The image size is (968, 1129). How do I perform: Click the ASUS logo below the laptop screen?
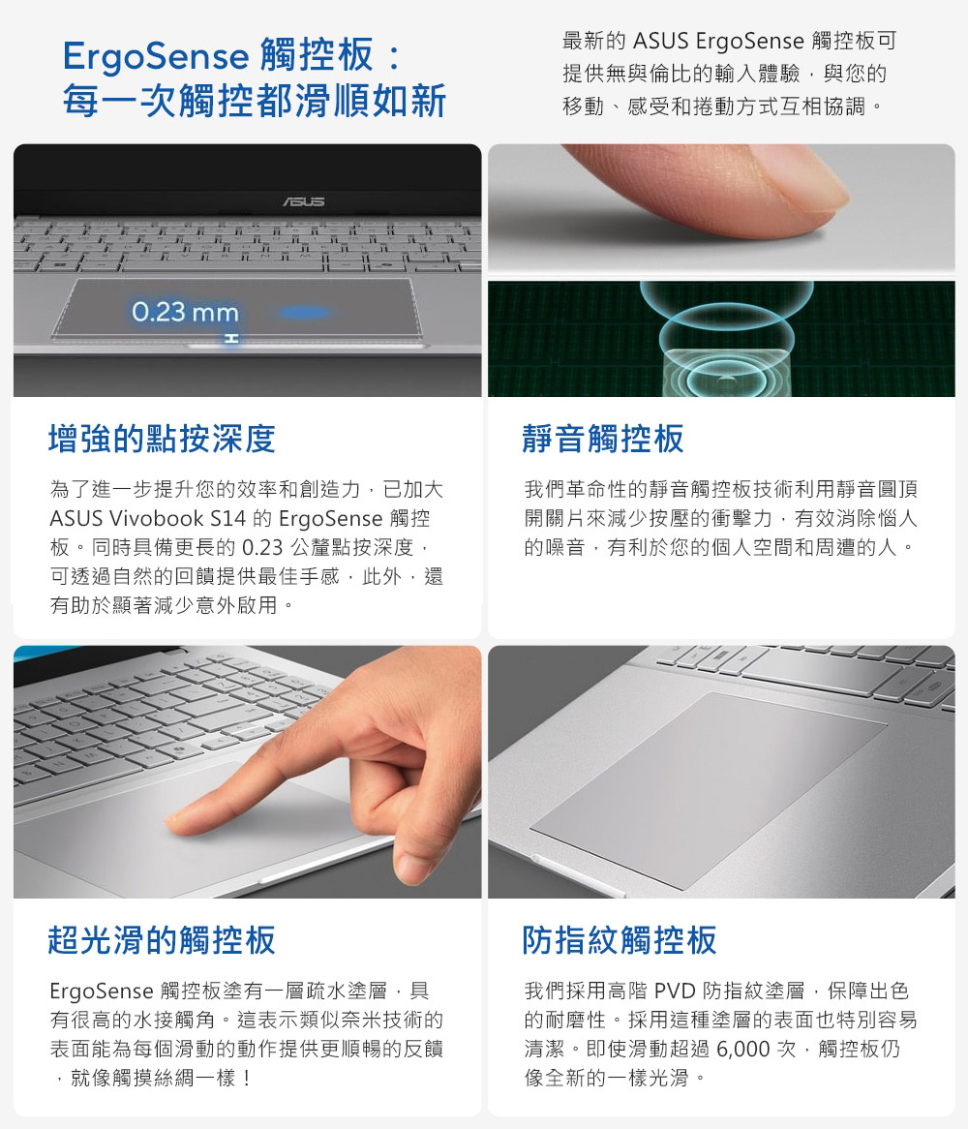click(304, 201)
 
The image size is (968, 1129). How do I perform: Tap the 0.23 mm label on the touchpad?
click(185, 312)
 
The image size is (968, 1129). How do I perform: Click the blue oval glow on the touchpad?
click(304, 313)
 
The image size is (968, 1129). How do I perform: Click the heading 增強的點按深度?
click(162, 439)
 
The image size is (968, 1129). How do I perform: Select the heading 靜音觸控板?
click(603, 439)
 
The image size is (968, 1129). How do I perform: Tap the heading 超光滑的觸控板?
click(162, 939)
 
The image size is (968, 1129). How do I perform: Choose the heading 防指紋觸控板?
click(620, 939)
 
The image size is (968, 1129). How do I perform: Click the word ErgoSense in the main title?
click(156, 57)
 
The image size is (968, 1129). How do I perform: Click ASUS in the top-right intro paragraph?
click(661, 41)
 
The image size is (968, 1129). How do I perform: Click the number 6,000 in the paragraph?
click(743, 1049)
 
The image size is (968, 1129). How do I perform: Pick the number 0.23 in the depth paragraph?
click(262, 548)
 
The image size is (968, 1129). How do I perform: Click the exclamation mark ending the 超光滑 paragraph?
click(247, 1078)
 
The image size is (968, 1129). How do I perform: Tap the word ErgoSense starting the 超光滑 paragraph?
click(102, 992)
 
